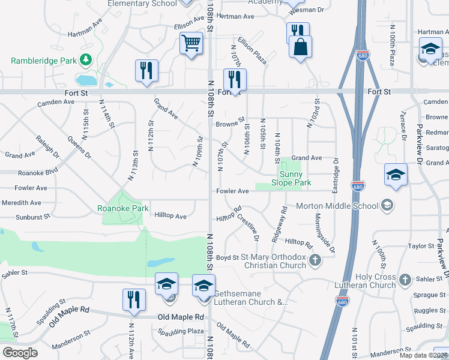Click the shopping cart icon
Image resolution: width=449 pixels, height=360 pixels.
[191, 43]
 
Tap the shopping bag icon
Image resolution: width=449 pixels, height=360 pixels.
[300, 47]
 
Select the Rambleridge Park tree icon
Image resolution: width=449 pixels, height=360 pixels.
[86, 59]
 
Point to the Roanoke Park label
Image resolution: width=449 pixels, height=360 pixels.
[123, 209]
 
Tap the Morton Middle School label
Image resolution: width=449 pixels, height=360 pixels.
[337, 206]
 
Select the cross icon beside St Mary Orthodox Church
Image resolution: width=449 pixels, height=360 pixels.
[315, 260]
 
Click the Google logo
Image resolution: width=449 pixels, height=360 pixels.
[20, 352]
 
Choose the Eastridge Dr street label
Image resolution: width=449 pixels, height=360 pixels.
[336, 175]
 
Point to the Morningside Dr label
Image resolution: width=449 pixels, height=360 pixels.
[324, 232]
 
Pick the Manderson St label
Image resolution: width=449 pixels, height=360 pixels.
[71, 347]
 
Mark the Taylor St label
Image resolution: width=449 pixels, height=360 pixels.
[421, 246]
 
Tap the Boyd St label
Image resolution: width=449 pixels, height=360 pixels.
[228, 257]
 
